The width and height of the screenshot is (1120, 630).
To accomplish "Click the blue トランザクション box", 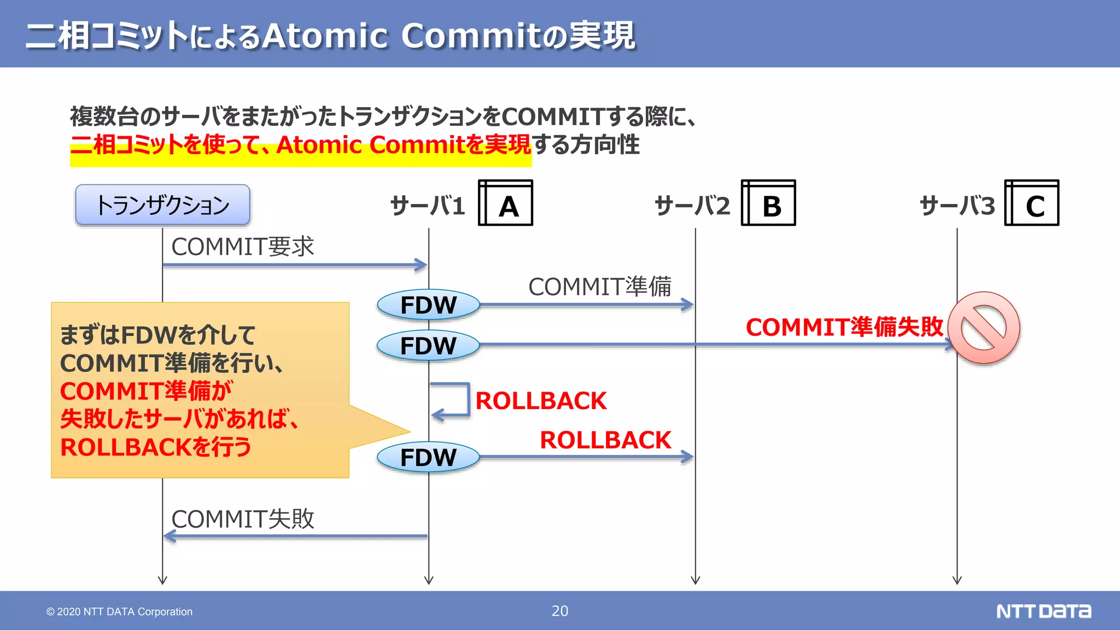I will tap(162, 205).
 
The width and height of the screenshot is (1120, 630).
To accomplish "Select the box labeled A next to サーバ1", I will tap(506, 203).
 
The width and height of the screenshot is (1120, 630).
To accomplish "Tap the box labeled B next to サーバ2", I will tap(768, 203).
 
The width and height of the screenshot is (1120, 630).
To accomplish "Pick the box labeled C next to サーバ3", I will tap(1032, 203).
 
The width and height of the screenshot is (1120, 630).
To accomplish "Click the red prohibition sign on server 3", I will tap(983, 328).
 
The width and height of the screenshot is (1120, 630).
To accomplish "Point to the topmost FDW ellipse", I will tap(428, 305).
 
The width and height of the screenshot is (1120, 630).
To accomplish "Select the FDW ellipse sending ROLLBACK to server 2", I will tap(428, 457).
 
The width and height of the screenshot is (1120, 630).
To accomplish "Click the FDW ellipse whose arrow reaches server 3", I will tap(428, 346).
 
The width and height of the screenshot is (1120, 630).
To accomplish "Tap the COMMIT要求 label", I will tap(243, 247).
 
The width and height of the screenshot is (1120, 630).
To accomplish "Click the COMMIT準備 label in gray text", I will tap(599, 287).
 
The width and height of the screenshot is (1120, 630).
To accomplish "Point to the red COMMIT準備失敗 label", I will tap(844, 327).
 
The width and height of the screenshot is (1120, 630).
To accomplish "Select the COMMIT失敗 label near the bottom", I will tap(243, 519).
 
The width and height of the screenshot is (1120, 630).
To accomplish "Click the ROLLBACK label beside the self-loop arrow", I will tap(541, 401).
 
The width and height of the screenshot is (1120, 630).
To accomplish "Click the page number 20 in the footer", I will tap(559, 611).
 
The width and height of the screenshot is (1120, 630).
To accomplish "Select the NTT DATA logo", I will tap(1043, 611).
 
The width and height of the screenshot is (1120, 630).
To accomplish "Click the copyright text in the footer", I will tap(119, 611).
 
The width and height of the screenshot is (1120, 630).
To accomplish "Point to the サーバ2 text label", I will tap(692, 206).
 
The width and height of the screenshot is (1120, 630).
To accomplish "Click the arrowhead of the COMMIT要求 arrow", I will tap(422, 265).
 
